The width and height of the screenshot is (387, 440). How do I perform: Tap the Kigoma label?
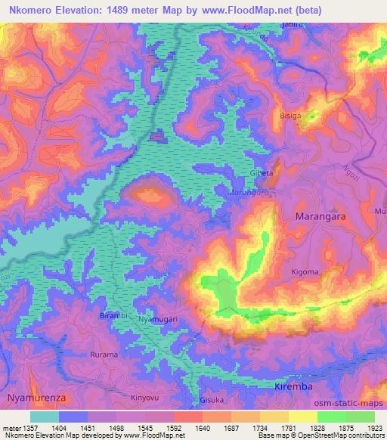(x=305, y=271)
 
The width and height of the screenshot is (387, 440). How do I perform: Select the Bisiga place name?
(x=311, y=116)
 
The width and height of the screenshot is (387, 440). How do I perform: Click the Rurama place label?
(x=104, y=355)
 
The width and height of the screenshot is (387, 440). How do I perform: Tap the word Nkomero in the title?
(x=36, y=11)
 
